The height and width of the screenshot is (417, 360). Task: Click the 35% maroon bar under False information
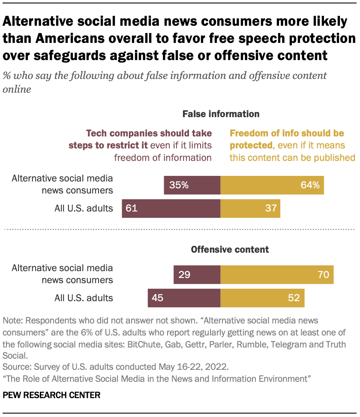pyautogui.click(x=192, y=185)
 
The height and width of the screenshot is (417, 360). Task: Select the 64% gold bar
pyautogui.click(x=272, y=185)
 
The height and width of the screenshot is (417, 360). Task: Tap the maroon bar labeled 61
pyautogui.click(x=171, y=208)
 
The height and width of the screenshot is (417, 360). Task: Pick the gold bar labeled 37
pyautogui.click(x=250, y=208)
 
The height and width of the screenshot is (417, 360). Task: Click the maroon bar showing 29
pyautogui.click(x=197, y=275)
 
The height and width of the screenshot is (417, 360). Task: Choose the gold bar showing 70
pyautogui.click(x=277, y=275)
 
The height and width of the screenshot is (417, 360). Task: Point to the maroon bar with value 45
pyautogui.click(x=184, y=298)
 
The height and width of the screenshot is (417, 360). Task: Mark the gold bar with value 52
pyautogui.click(x=262, y=298)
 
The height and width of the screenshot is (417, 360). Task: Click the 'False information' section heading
pyautogui.click(x=221, y=114)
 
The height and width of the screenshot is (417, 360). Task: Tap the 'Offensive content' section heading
pyautogui.click(x=230, y=249)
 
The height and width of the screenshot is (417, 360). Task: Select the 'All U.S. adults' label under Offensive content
pyautogui.click(x=84, y=298)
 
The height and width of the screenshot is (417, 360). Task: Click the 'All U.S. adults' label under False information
pyautogui.click(x=84, y=208)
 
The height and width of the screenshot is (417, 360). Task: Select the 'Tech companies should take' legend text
pyautogui.click(x=149, y=133)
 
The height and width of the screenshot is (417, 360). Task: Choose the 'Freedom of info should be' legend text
pyautogui.click(x=287, y=133)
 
